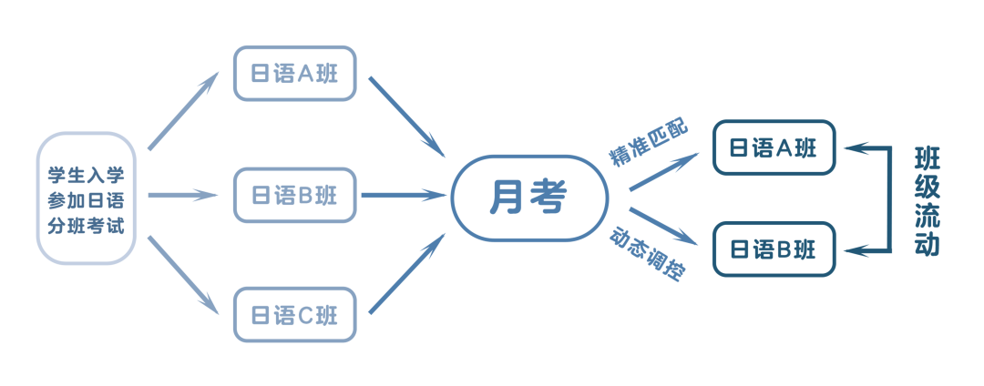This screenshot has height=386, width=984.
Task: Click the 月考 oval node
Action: [528, 198]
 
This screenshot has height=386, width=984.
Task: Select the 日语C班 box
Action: [294, 314]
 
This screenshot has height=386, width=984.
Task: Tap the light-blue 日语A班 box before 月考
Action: [294, 74]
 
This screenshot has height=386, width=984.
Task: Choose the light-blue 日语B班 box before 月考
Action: [294, 194]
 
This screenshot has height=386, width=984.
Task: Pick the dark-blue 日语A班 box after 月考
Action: [774, 148]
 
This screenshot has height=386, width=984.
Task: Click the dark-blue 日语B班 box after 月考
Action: [774, 249]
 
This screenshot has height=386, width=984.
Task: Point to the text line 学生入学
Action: [86, 173]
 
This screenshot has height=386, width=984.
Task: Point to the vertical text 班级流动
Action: [927, 199]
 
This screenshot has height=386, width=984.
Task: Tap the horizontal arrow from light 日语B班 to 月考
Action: [403, 194]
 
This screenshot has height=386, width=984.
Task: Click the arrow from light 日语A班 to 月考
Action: [406, 116]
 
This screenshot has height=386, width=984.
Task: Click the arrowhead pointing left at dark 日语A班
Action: [853, 148]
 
